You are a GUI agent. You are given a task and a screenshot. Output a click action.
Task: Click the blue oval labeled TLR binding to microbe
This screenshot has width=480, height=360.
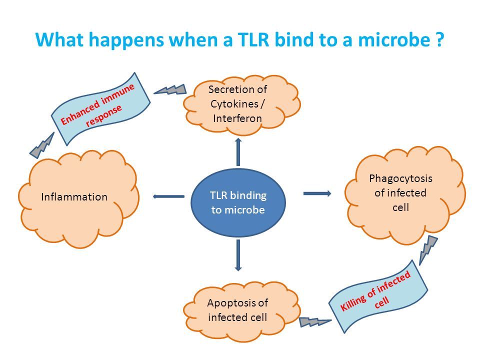[238, 202]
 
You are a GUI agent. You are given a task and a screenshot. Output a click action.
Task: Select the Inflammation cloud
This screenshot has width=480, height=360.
[78, 198]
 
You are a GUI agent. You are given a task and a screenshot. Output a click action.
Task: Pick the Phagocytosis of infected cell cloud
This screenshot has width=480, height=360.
[404, 195]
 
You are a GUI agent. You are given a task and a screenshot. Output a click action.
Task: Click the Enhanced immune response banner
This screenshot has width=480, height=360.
[100, 108]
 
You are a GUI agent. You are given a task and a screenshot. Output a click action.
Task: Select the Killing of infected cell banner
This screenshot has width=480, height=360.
[378, 296]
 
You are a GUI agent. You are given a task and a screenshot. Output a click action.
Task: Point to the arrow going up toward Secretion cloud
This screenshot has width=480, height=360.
[238, 152]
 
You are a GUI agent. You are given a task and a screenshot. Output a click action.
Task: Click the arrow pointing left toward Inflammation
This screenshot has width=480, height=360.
[168, 196]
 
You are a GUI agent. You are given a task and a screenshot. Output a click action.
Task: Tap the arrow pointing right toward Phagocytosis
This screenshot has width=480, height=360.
[317, 193]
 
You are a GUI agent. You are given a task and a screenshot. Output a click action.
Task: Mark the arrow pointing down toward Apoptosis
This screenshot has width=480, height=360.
[238, 255]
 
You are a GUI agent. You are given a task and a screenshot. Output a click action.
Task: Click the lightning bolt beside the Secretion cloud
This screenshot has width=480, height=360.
[170, 89]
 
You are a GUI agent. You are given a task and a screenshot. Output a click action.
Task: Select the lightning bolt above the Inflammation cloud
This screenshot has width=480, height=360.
[41, 145]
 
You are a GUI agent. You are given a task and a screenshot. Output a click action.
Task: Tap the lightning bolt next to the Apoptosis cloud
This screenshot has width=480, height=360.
[315, 322]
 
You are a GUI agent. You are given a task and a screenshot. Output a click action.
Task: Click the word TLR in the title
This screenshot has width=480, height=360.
[253, 39]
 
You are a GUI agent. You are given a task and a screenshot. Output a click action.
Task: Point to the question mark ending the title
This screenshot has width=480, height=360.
[439, 39]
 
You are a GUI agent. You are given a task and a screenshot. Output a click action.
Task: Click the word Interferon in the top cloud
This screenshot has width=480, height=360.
[237, 118]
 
